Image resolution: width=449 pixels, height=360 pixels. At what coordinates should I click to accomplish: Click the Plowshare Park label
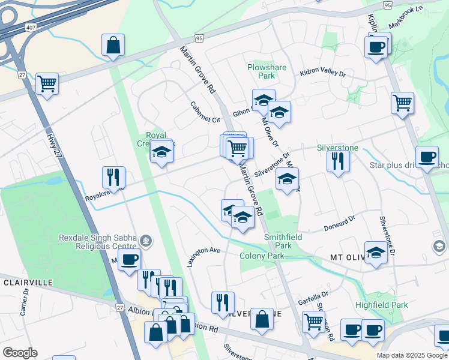coord(261,71)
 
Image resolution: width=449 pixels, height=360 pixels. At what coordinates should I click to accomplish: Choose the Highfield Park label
coord(381,305)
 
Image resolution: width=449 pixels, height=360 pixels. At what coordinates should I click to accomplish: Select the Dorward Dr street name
coord(340,223)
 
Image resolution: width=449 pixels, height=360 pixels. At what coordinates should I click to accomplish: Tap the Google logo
coord(20,353)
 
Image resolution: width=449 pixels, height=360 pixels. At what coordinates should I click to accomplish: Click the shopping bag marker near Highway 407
coord(113,45)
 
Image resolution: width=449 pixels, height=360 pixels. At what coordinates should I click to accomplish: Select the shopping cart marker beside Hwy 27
coord(47,83)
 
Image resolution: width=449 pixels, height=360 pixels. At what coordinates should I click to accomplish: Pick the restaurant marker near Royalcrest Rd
coord(113,176)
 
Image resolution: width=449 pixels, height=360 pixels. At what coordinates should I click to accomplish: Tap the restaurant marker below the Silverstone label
coord(338,160)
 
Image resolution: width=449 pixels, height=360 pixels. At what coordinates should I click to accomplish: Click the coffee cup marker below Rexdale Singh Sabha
coord(129,260)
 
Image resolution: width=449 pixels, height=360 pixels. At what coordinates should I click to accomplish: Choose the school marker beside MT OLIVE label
coord(376,253)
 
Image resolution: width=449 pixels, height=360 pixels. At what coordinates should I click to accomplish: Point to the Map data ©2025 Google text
coord(411,355)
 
